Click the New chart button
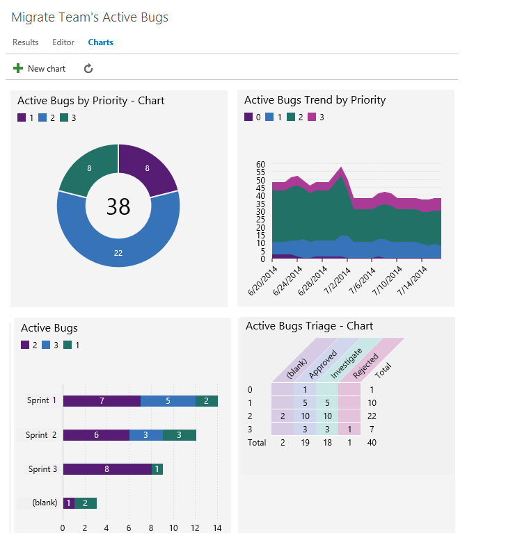(x=40, y=69)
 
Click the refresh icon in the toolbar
(x=88, y=69)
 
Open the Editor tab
(x=63, y=42)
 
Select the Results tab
(x=26, y=42)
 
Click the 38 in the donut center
(x=118, y=206)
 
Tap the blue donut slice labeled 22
(x=118, y=252)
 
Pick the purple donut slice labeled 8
(x=147, y=168)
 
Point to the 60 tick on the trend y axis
(x=260, y=165)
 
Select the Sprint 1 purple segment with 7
(x=102, y=400)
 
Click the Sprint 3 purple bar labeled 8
(x=107, y=469)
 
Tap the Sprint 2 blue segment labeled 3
(x=145, y=434)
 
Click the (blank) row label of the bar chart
(x=44, y=503)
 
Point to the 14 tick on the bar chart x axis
(x=217, y=528)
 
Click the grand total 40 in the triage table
(x=372, y=442)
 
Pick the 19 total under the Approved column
(x=305, y=442)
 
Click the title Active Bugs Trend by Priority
(x=315, y=100)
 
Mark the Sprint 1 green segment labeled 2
(x=207, y=400)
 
